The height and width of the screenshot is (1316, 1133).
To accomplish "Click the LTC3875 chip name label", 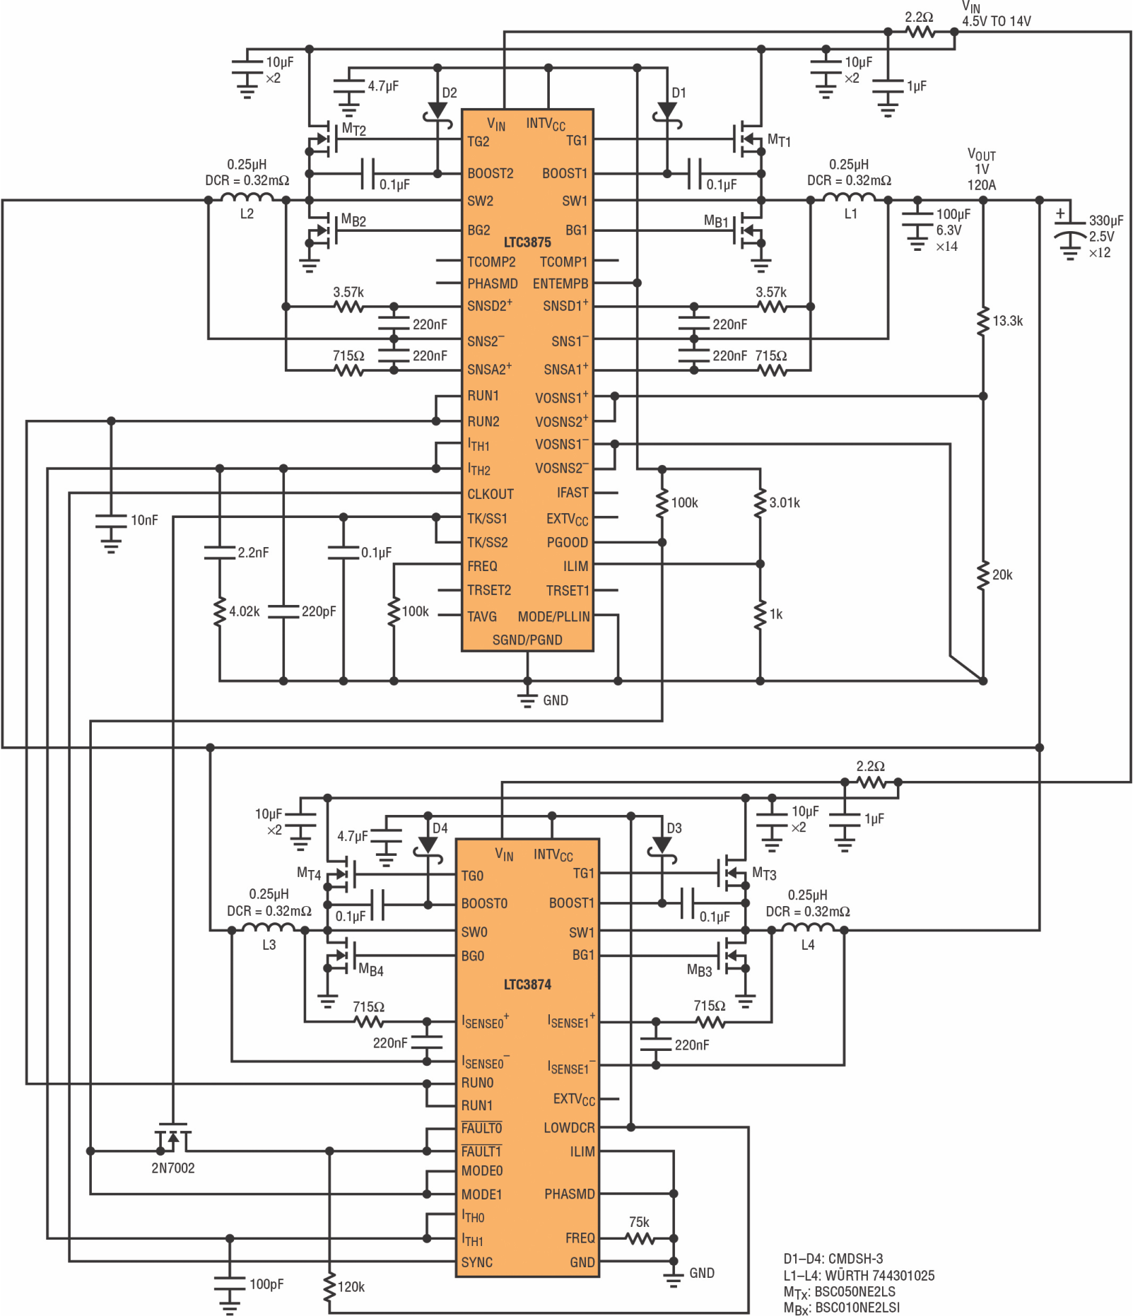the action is click(x=527, y=242).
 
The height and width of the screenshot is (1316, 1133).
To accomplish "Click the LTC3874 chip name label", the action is click(x=527, y=985).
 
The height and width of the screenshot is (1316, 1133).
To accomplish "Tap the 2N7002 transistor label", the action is click(x=173, y=1168).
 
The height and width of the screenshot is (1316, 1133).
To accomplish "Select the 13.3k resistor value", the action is click(x=1008, y=321).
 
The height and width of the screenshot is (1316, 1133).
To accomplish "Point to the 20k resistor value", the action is click(x=1002, y=575).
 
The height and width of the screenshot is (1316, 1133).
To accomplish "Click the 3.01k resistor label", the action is click(x=785, y=503).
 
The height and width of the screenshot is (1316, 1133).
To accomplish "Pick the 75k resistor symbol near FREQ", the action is click(x=640, y=1238).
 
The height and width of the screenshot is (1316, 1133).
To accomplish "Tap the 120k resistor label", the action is click(x=351, y=1287).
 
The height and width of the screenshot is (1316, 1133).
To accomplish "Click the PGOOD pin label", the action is click(x=568, y=542).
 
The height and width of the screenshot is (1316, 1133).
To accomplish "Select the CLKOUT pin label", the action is click(x=491, y=494).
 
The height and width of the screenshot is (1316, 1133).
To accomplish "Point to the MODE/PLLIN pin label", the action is click(x=554, y=616).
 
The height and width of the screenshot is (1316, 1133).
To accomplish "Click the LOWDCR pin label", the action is click(x=570, y=1128).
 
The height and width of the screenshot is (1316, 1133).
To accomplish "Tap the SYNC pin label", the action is click(x=477, y=1262).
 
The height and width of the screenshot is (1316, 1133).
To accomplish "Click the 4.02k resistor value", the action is click(x=245, y=611).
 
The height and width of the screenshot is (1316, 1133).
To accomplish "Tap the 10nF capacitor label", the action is click(x=144, y=520).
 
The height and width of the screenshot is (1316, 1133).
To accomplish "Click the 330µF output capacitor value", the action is click(x=1106, y=221).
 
